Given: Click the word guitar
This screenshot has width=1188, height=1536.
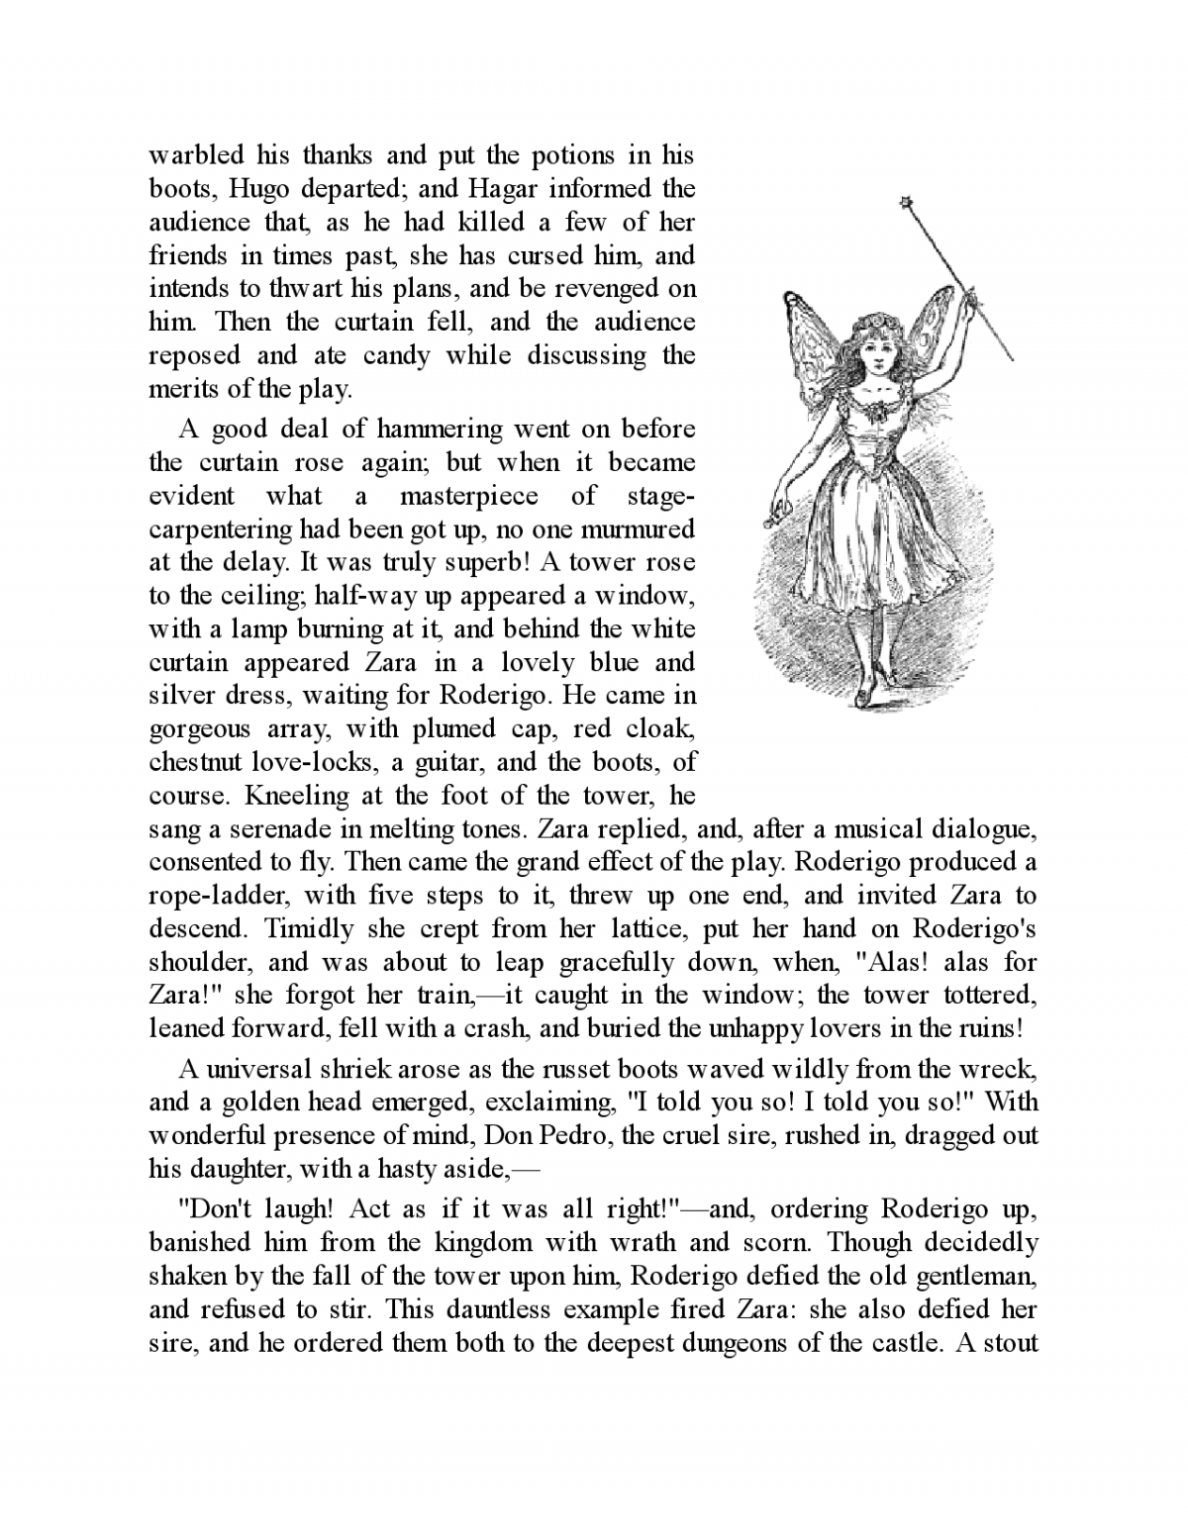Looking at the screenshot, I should tap(450, 763).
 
